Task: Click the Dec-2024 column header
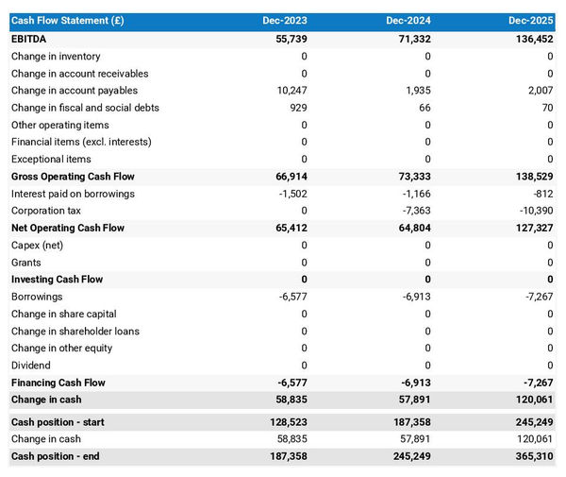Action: point(409,21)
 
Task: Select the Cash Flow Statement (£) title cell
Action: point(68,21)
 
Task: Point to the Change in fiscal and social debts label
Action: point(85,108)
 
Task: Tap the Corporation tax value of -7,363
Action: point(415,211)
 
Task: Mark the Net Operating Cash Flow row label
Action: point(68,228)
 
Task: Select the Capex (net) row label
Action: point(37,246)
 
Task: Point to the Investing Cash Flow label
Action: point(57,280)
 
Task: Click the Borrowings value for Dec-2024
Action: point(415,297)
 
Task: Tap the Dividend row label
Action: point(31,366)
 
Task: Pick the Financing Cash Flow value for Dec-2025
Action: point(538,383)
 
